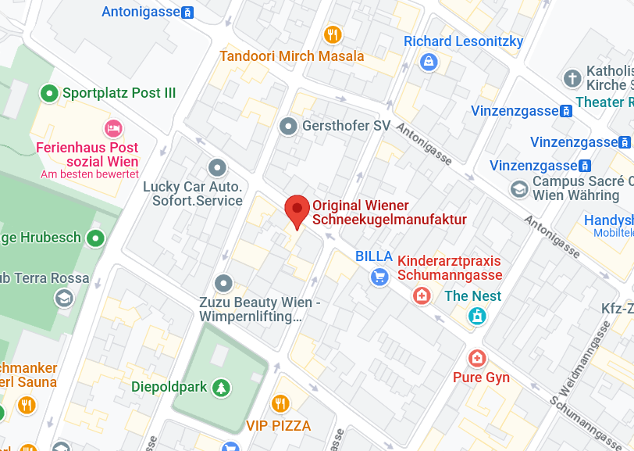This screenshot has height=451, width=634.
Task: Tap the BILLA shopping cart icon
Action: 379,276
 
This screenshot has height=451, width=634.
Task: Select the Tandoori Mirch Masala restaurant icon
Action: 333,34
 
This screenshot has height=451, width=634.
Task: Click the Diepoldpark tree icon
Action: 222,387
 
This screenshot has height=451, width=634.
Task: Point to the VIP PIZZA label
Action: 279,426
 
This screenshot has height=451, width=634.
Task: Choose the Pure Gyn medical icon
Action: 476,359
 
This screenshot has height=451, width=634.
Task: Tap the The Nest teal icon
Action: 476,316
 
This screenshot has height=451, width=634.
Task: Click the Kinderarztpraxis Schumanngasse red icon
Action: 422,295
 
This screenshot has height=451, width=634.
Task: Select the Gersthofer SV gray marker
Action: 289,126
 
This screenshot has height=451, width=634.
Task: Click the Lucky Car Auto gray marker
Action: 217,167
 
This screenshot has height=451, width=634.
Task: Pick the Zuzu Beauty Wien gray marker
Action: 224,283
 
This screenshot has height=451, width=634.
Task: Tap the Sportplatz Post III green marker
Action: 49,94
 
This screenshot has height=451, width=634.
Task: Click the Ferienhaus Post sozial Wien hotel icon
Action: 113,127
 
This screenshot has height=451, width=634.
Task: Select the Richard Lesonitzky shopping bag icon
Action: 428,62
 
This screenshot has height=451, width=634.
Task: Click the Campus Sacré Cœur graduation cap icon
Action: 518,188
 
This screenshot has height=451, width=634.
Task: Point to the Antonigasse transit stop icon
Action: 187,13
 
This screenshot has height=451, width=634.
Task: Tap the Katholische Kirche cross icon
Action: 572,78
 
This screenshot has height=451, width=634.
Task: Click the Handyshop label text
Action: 609,220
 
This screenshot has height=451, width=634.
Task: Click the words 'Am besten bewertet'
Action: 90,174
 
